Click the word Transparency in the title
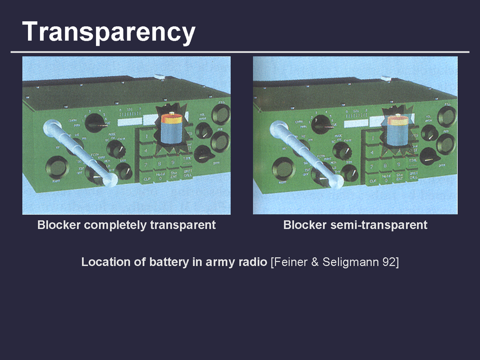(109, 32)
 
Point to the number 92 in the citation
(389, 262)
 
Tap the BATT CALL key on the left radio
(188, 176)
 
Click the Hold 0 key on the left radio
(160, 178)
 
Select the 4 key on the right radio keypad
(372, 152)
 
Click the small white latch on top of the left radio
(158, 77)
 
